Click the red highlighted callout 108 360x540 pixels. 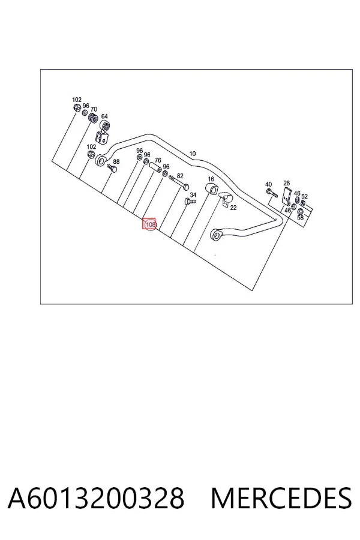(149, 224)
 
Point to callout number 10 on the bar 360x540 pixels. (192, 154)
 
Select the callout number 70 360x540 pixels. (94, 109)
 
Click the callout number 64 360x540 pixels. (104, 116)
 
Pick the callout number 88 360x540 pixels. (116, 161)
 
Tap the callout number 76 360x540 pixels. (158, 160)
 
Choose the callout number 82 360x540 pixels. (180, 176)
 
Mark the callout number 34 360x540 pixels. (193, 195)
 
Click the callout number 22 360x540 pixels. (233, 208)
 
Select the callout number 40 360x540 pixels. (268, 185)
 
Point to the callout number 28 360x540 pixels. (286, 183)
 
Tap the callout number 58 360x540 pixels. (300, 217)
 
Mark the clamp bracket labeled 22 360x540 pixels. (225, 200)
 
